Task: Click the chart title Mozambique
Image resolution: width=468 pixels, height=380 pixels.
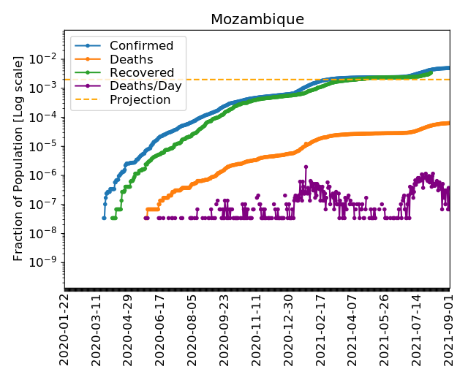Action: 257,19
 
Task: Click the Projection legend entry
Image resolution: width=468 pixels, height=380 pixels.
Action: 140,99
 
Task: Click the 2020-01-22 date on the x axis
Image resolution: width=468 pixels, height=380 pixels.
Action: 64,328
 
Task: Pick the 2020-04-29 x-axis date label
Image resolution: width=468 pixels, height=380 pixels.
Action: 129,328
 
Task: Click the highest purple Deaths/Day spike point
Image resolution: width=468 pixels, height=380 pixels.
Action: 305,167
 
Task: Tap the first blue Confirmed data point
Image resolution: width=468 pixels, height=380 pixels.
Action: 104,218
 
